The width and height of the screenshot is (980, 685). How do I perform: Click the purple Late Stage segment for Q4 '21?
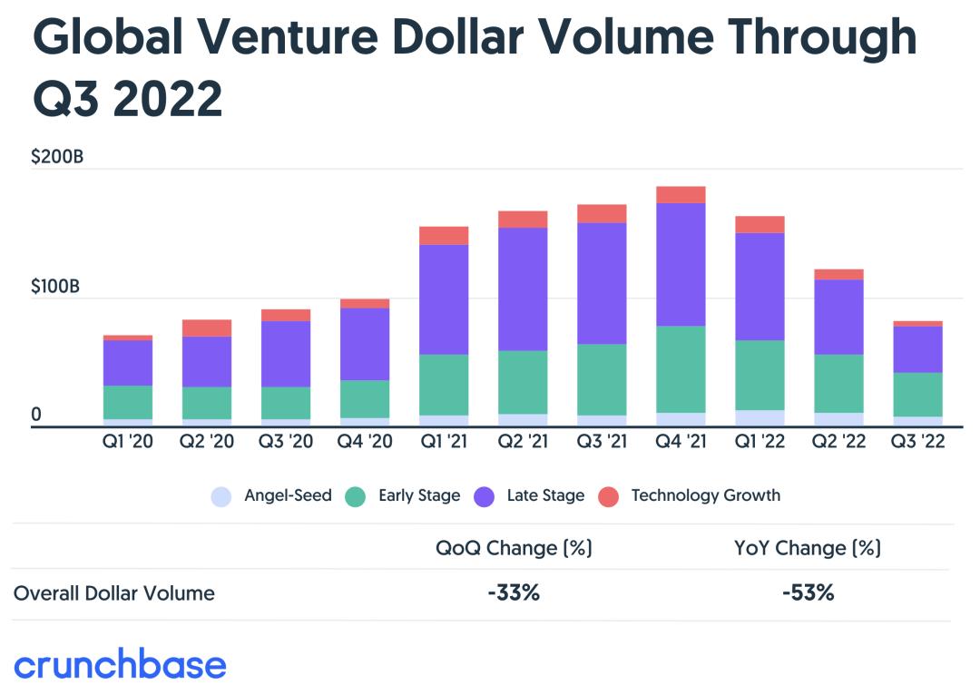(681, 264)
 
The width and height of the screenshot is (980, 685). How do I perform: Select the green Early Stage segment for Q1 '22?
(759, 375)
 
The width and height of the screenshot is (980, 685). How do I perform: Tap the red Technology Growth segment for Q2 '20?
(207, 328)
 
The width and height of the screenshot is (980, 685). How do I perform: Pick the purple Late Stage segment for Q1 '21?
(444, 299)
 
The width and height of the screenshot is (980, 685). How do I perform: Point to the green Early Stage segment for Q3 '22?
(917, 394)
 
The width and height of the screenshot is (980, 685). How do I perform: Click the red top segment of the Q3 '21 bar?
(602, 213)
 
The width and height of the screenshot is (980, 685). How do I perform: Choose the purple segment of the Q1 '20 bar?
(128, 363)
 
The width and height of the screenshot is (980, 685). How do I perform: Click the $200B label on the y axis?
(57, 157)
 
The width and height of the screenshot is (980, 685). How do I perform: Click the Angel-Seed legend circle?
(220, 496)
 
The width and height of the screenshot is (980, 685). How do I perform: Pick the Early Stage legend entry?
(405, 495)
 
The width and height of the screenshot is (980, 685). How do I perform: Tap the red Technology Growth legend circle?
(609, 496)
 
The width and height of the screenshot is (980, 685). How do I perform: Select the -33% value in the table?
(514, 593)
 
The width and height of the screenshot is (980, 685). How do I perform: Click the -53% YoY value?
(808, 593)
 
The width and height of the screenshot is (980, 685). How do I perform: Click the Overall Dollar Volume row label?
(114, 593)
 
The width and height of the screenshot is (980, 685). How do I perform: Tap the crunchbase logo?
(120, 663)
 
